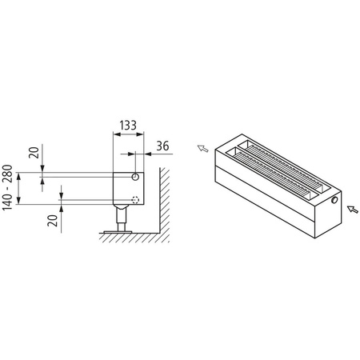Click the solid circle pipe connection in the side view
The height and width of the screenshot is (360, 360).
point(136,176)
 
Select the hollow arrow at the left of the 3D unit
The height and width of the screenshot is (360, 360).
point(205,149)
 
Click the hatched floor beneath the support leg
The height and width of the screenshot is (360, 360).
point(128,238)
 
